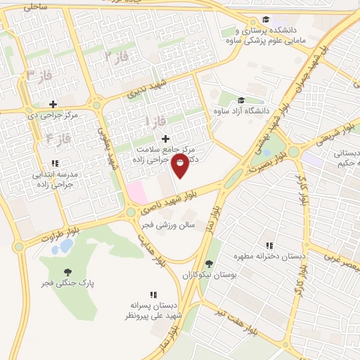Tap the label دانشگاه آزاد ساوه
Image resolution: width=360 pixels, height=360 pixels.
pyautogui.click(x=240, y=110)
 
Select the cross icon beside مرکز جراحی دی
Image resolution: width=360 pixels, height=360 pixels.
pyautogui.click(x=53, y=104)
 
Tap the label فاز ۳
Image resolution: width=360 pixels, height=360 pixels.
pyautogui.click(x=39, y=74)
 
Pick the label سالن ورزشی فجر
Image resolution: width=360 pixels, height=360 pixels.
pyautogui.click(x=165, y=225)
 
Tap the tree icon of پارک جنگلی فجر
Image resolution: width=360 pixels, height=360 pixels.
pyautogui.click(x=67, y=272)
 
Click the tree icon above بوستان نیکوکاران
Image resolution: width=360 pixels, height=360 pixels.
pyautogui.click(x=208, y=265)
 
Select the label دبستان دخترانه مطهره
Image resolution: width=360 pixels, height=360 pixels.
pyautogui.click(x=277, y=257)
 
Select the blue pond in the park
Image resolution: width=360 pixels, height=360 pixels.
pyautogui.click(x=65, y=246)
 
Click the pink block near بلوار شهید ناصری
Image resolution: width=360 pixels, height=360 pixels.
pyautogui.click(x=135, y=191)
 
